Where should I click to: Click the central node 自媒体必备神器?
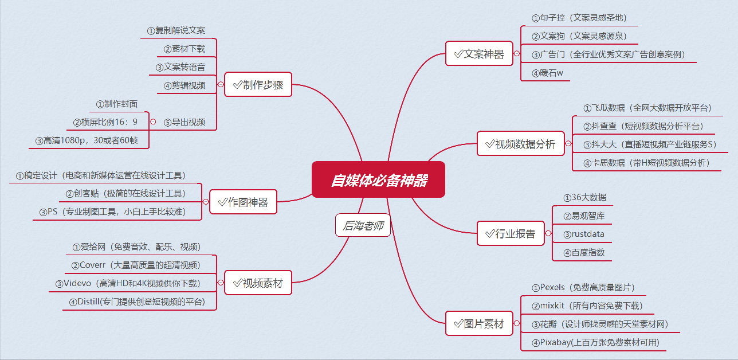pyautogui.click(x=378, y=180)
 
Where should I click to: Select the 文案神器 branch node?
pyautogui.click(x=479, y=54)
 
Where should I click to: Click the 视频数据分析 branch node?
pyautogui.click(x=520, y=144)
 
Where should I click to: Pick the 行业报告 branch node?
pyautogui.click(x=511, y=234)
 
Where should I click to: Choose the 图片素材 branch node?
pyautogui.click(x=479, y=324)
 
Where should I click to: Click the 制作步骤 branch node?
pyautogui.click(x=258, y=85)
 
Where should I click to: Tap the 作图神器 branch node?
pyautogui.click(x=243, y=202)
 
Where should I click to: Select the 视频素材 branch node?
pyautogui.click(x=258, y=283)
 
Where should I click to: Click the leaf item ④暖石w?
pyautogui.click(x=547, y=73)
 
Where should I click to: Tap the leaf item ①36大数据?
pyautogui.click(x=584, y=197)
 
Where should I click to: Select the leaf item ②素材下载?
pyautogui.click(x=184, y=49)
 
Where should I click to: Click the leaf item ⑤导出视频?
pyautogui.click(x=184, y=122)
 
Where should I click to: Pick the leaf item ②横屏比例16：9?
pyautogui.click(x=105, y=122)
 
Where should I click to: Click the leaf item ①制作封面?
pyautogui.click(x=117, y=104)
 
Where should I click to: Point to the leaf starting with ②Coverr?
pyautogui.click(x=136, y=265)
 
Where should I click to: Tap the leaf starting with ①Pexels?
pyautogui.click(x=583, y=287)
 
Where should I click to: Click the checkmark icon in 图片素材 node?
pyautogui.click(x=457, y=324)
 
